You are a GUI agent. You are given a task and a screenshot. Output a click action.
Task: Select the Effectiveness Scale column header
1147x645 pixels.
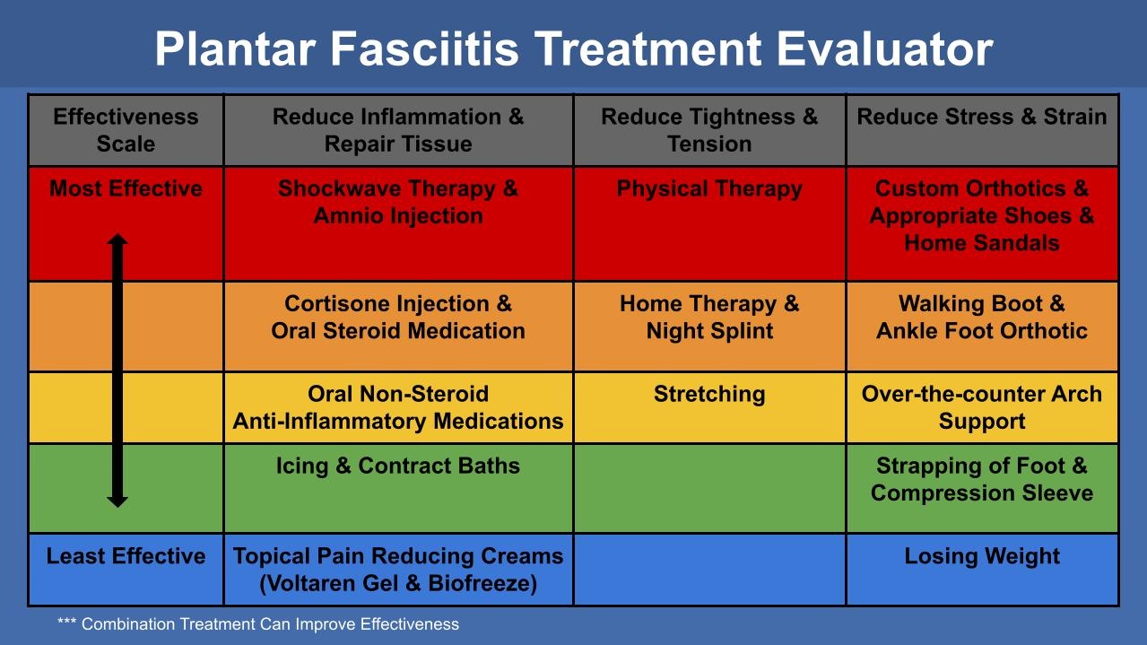[x=126, y=130]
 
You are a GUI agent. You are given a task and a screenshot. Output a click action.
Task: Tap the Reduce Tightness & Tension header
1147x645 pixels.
[x=709, y=130]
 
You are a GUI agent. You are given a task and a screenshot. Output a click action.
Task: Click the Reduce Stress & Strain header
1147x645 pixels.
[x=982, y=117]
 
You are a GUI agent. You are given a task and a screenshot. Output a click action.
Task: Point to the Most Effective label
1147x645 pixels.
[x=126, y=188]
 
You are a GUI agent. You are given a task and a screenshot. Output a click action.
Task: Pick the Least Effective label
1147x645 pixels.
[x=126, y=556]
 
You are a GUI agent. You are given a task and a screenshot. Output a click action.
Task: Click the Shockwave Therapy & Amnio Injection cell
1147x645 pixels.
[x=398, y=203]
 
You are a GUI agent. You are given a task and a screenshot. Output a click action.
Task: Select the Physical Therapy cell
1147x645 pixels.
[x=709, y=189]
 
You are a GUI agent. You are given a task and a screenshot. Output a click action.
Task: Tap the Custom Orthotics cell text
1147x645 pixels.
[x=982, y=215]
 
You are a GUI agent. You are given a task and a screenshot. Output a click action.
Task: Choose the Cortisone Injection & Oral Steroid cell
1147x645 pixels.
[x=398, y=318]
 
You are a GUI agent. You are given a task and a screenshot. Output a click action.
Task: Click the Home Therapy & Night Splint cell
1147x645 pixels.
[x=709, y=318]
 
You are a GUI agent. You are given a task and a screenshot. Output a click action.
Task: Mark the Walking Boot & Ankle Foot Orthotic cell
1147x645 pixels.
[x=982, y=318]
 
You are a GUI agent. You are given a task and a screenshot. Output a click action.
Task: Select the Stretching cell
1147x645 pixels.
[x=709, y=395]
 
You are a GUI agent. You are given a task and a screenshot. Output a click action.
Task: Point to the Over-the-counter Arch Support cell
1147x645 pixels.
[x=982, y=407]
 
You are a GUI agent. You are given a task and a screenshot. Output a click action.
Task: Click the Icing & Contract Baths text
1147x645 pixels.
[x=398, y=466]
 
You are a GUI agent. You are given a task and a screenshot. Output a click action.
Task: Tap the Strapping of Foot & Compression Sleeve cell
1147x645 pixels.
[x=982, y=479]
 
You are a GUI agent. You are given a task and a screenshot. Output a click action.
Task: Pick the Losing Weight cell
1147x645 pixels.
[x=982, y=556]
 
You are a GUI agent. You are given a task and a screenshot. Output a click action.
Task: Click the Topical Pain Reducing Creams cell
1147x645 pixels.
[x=398, y=570]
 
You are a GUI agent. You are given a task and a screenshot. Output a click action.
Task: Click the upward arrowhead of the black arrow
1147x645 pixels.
[x=117, y=240]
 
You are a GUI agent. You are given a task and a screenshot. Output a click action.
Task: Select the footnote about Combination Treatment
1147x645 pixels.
[x=258, y=624]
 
